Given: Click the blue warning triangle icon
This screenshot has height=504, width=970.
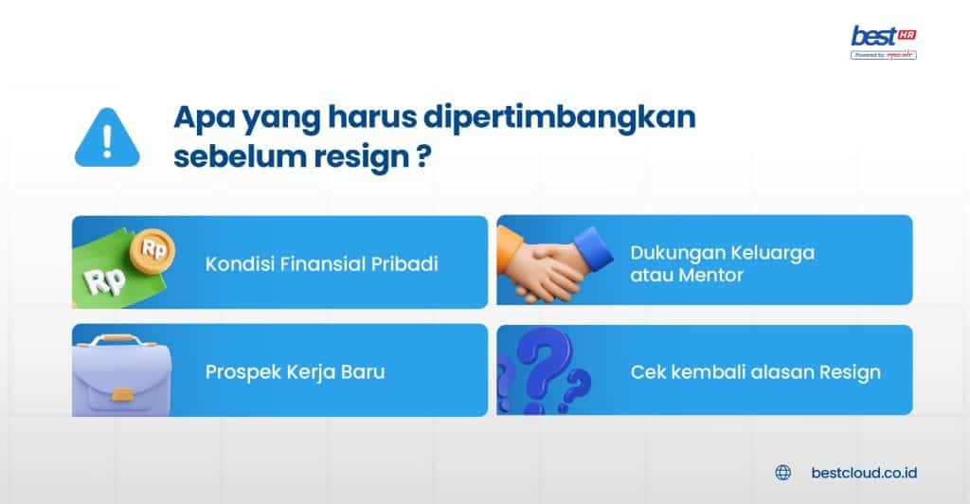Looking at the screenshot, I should pyautogui.click(x=106, y=140).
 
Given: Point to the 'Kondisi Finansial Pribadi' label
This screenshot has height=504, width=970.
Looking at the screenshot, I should pyautogui.click(x=322, y=263).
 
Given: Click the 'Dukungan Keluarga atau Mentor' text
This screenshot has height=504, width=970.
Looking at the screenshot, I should pyautogui.click(x=722, y=263).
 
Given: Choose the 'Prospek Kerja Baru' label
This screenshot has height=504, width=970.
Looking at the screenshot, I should pyautogui.click(x=295, y=371).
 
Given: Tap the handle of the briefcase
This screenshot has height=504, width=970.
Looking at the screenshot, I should pyautogui.click(x=124, y=340).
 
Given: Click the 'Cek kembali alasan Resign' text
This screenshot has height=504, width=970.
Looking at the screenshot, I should pyautogui.click(x=755, y=371).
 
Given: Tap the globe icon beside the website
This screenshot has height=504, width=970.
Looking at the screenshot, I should pyautogui.click(x=782, y=472).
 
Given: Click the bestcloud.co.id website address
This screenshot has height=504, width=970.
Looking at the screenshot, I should pyautogui.click(x=865, y=472).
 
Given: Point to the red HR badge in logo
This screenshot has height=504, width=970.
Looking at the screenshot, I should pyautogui.click(x=907, y=33).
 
